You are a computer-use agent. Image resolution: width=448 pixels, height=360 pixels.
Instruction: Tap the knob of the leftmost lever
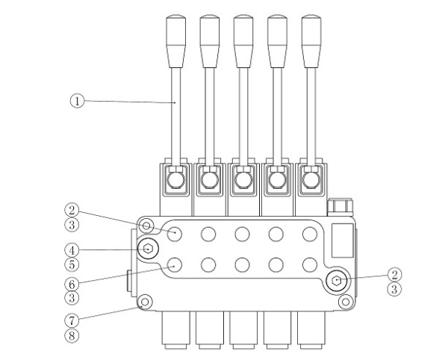coord(175,30)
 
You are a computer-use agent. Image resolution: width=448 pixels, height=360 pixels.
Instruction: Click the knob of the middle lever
coord(242,30)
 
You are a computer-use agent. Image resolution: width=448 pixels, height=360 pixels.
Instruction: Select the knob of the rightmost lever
coord(309,30)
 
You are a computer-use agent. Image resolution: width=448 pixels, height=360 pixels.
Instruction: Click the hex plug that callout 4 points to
coord(148,249)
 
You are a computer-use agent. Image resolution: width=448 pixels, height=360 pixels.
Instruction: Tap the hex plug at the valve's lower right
coord(337,281)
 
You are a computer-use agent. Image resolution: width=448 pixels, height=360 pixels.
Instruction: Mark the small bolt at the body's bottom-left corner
coord(146,302)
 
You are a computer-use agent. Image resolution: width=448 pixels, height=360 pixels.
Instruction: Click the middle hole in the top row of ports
coord(242,234)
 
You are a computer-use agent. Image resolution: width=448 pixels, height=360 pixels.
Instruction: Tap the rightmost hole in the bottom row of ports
coord(309,264)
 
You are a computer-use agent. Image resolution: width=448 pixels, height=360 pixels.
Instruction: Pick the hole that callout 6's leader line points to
coord(175,264)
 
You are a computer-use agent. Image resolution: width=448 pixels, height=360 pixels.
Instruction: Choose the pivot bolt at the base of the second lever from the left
coord(208,180)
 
